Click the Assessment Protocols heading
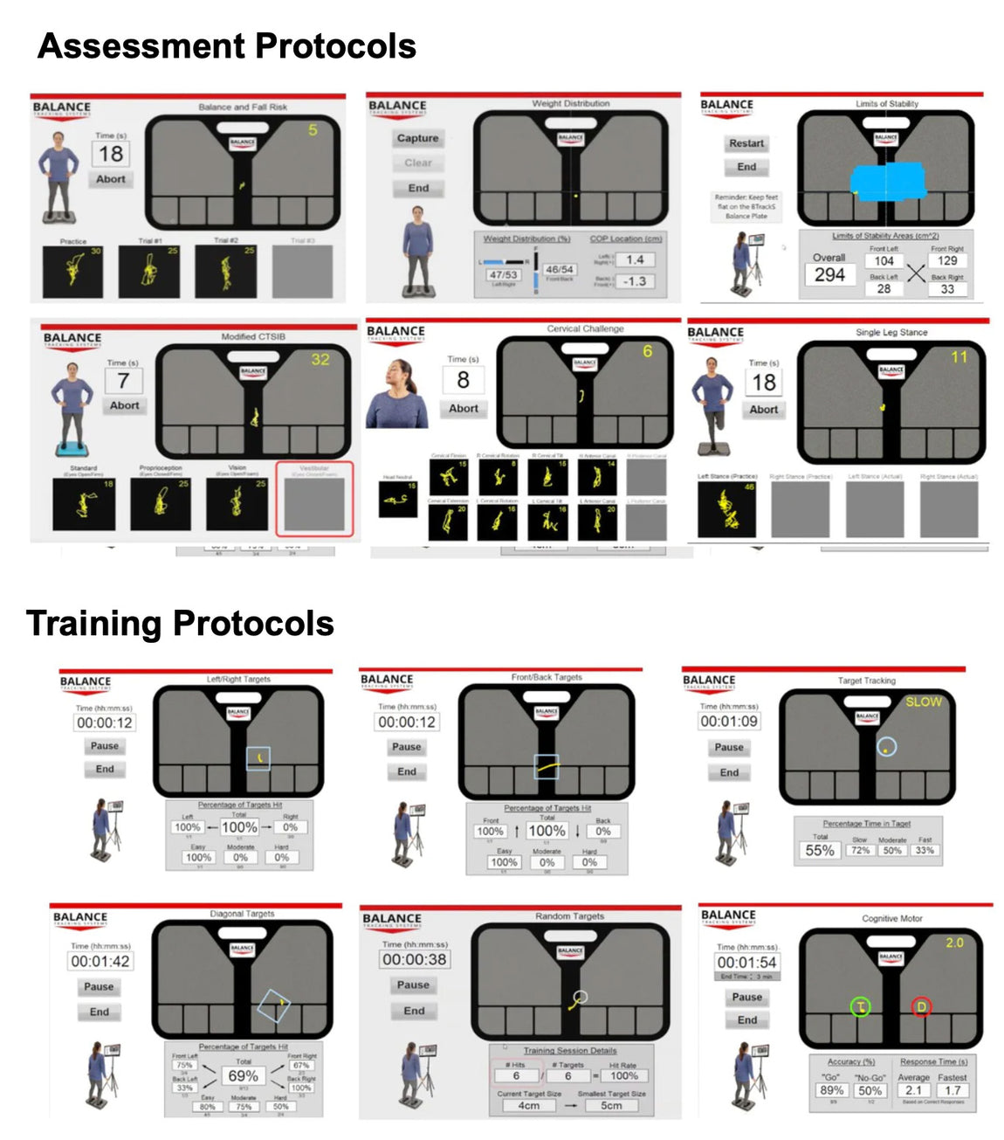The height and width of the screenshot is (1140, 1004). (x=227, y=45)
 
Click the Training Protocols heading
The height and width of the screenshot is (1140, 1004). (x=180, y=624)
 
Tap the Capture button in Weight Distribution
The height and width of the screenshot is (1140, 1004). (x=417, y=138)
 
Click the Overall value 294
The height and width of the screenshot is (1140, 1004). (x=829, y=274)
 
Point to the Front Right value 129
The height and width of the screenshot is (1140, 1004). (x=947, y=260)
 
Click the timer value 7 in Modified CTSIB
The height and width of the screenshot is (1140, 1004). (x=123, y=381)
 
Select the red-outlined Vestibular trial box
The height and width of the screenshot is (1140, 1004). (x=314, y=499)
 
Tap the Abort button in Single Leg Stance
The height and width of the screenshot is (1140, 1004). (x=763, y=409)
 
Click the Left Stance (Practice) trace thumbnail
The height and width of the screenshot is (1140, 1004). (x=726, y=508)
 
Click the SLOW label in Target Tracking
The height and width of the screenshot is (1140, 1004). (x=923, y=701)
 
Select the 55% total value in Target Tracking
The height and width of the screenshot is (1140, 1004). (x=819, y=850)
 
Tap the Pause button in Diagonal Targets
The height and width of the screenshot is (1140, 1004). (x=99, y=986)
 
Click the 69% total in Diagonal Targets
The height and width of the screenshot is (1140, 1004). (x=243, y=1076)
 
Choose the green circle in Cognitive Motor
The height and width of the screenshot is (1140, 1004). (x=861, y=1007)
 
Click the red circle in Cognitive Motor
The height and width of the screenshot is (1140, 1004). (x=921, y=1007)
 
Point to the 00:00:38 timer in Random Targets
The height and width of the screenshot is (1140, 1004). (x=414, y=959)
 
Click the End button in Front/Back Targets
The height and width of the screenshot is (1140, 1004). (x=407, y=771)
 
